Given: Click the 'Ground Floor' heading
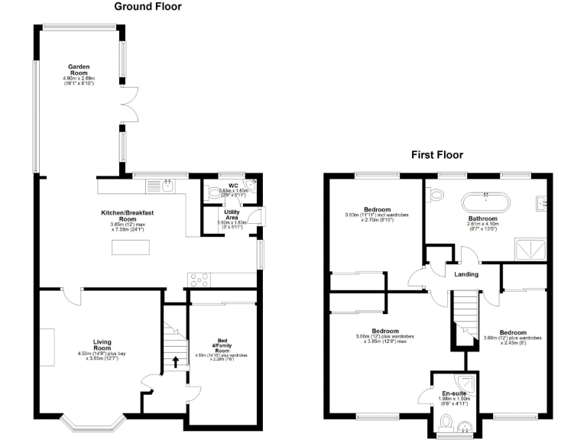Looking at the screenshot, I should click(x=148, y=7).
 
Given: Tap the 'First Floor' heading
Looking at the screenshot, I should click(x=437, y=154).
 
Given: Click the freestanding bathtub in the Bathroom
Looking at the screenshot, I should click(x=486, y=203).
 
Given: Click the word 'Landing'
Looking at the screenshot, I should click(x=466, y=274).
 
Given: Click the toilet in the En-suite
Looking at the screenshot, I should click(x=449, y=422).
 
